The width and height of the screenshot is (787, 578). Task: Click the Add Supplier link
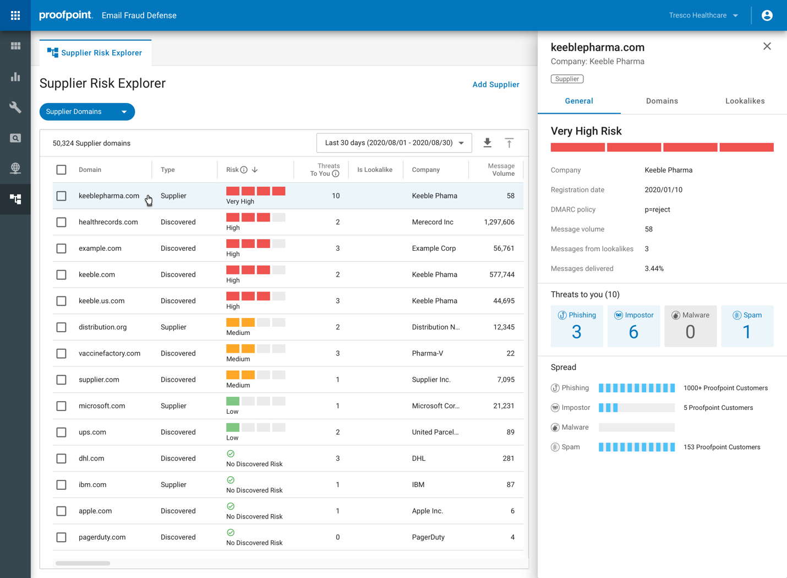pyautogui.click(x=495, y=84)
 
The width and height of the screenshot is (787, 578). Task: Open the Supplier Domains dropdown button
pyautogui.click(x=87, y=112)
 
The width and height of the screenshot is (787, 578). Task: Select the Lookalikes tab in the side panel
pyautogui.click(x=745, y=101)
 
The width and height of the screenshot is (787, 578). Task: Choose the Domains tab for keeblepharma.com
pyautogui.click(x=662, y=101)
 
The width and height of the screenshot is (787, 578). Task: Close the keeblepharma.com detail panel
pyautogui.click(x=767, y=46)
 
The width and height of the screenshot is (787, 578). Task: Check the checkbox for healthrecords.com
pyautogui.click(x=62, y=222)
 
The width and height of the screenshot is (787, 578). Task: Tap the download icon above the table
pyautogui.click(x=487, y=143)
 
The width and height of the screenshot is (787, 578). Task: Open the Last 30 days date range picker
pyautogui.click(x=394, y=143)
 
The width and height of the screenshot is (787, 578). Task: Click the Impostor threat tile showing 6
pyautogui.click(x=633, y=326)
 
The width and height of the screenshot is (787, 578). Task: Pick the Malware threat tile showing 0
pyautogui.click(x=690, y=326)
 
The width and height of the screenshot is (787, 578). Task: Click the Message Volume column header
pyautogui.click(x=500, y=170)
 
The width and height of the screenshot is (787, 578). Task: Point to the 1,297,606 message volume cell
pyautogui.click(x=499, y=222)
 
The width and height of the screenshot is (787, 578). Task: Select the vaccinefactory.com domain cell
pyautogui.click(x=110, y=353)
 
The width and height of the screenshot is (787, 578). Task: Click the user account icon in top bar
pyautogui.click(x=767, y=15)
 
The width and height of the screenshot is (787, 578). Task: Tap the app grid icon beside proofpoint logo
pyautogui.click(x=15, y=15)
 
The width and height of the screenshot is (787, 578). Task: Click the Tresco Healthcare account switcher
pyautogui.click(x=703, y=15)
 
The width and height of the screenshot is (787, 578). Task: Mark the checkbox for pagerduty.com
pyautogui.click(x=62, y=537)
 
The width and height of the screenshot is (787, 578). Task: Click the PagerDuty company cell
pyautogui.click(x=428, y=537)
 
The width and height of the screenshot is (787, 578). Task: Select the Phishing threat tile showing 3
pyautogui.click(x=577, y=326)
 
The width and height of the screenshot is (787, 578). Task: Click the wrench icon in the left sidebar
pyautogui.click(x=15, y=107)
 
